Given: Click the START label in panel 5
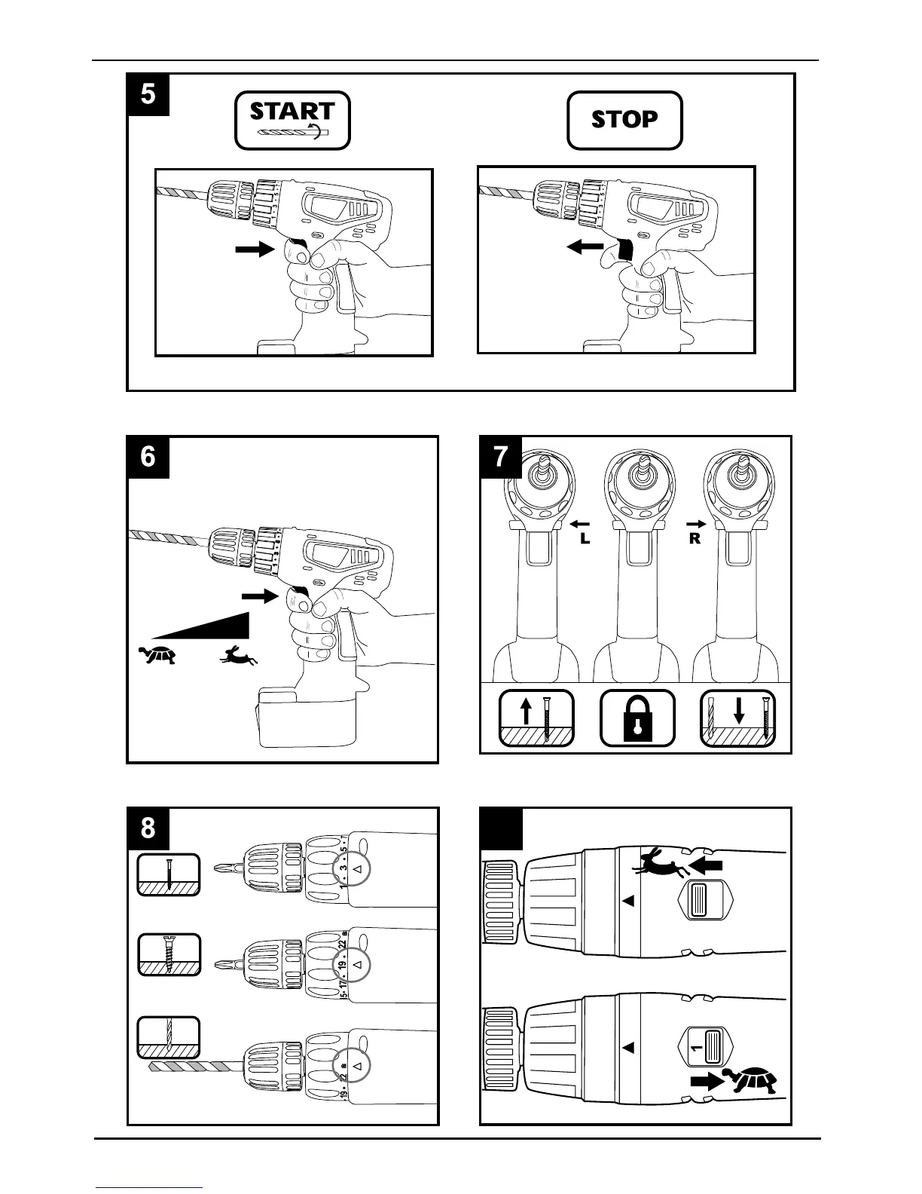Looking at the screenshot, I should (x=292, y=112).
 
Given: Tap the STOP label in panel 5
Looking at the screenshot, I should (x=624, y=120).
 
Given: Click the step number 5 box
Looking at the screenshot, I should (x=148, y=94).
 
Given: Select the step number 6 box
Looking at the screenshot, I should (x=148, y=457).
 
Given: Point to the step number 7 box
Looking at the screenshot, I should (x=501, y=457).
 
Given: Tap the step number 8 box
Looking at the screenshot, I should (x=148, y=828).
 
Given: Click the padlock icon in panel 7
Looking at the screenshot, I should (x=637, y=718).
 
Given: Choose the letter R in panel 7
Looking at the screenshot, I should (x=695, y=540).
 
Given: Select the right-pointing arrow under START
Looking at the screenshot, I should (x=254, y=250).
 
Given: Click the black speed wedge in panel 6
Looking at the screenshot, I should (x=218, y=627).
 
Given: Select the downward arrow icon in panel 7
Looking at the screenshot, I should (x=739, y=712).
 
